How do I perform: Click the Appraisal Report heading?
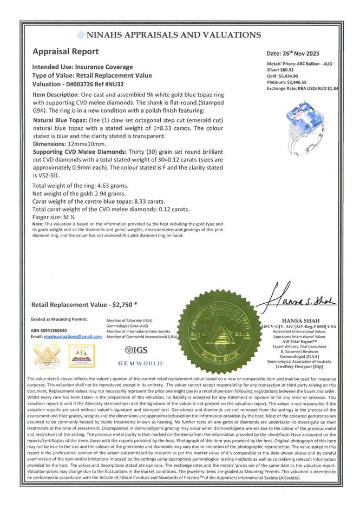point(66,52)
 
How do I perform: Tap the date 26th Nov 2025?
point(300,54)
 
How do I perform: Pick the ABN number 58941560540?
point(59,330)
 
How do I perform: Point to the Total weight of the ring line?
point(80,186)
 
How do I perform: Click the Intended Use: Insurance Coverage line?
point(82,67)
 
